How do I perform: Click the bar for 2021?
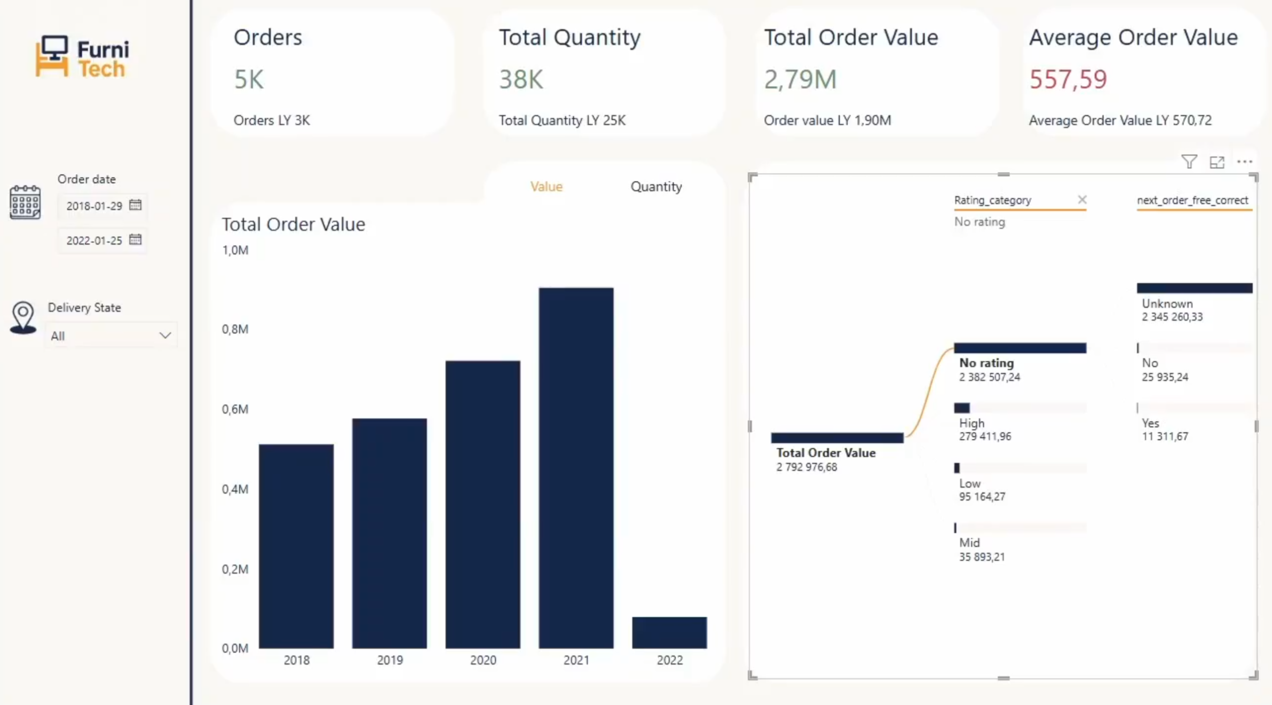(x=576, y=467)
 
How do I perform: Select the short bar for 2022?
(x=669, y=632)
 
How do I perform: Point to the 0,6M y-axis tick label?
(x=235, y=409)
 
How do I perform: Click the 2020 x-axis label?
(x=483, y=660)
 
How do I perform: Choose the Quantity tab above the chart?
(x=656, y=186)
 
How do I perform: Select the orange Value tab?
(x=546, y=186)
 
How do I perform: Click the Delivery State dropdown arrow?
(x=165, y=335)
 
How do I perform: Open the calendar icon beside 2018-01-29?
(x=135, y=205)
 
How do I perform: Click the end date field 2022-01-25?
(x=94, y=240)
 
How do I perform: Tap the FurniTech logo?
(x=82, y=56)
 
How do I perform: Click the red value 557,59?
(x=1068, y=79)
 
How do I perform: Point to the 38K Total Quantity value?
(x=521, y=79)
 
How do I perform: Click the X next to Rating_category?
(x=1082, y=199)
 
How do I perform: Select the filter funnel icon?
(x=1189, y=161)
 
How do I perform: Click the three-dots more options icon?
(x=1244, y=161)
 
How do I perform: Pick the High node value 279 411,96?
(x=985, y=436)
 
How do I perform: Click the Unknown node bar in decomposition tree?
(x=1194, y=288)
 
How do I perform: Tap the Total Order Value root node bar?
(x=837, y=438)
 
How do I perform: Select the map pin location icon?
(x=23, y=316)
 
